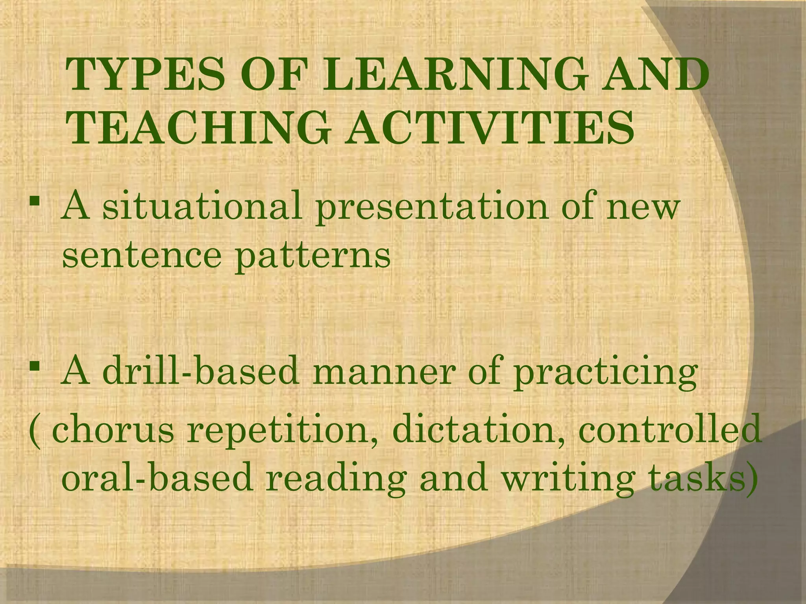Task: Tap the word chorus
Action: tap(113, 430)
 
